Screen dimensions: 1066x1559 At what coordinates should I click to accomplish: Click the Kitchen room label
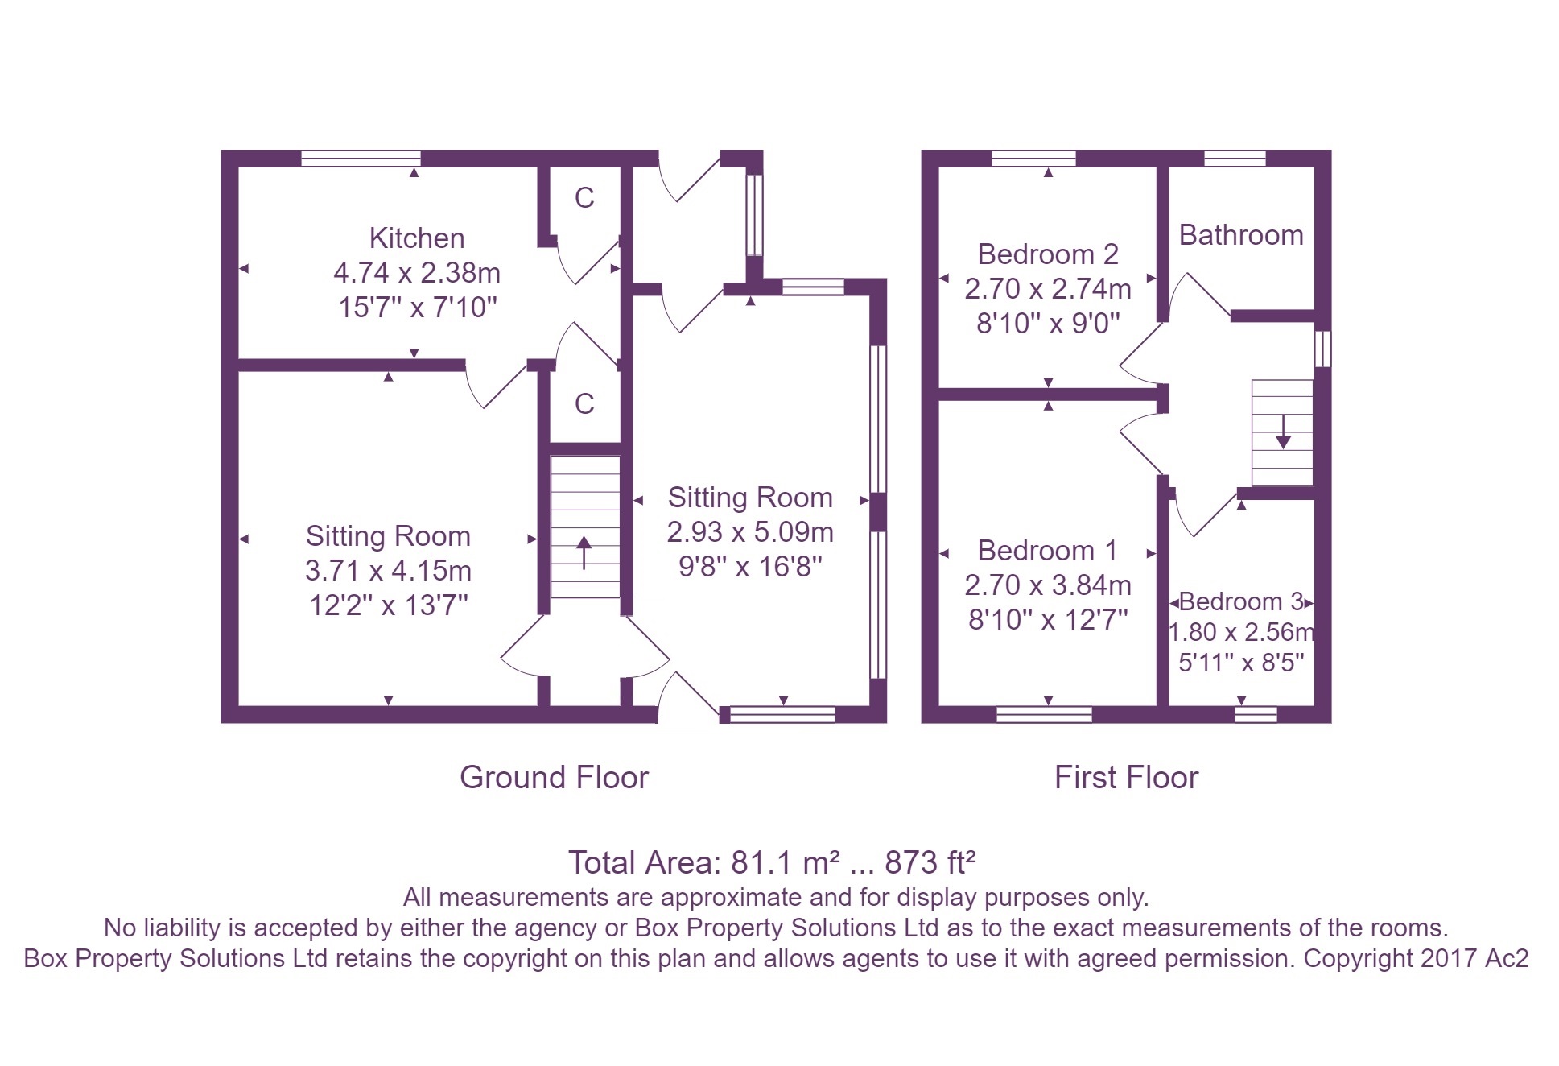point(416,238)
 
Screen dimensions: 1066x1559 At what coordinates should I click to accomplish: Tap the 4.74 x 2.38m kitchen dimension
point(416,273)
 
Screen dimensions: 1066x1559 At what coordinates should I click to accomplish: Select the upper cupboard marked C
point(584,198)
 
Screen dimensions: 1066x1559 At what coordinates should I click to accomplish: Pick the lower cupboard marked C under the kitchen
point(584,404)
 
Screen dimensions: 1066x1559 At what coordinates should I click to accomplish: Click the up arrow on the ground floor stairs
point(584,552)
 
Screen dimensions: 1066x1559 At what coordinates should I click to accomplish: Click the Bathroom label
point(1240,235)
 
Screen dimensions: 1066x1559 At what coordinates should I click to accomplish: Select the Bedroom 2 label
point(1047,254)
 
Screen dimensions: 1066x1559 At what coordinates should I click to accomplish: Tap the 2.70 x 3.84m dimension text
point(1047,585)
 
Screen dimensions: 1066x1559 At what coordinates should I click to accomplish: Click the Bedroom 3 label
point(1240,601)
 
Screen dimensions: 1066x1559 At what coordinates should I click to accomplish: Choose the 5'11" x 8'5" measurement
point(1240,663)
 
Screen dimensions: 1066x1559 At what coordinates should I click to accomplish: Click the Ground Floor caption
point(554,777)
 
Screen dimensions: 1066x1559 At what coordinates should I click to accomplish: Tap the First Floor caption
point(1126,777)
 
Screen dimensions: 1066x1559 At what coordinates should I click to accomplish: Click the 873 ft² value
point(930,862)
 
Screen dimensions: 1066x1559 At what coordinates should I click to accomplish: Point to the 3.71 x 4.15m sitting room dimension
point(388,571)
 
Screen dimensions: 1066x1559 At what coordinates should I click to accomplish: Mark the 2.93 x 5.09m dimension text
point(749,532)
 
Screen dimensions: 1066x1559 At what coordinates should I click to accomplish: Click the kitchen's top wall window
point(361,159)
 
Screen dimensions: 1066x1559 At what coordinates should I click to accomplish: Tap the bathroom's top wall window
point(1235,159)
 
